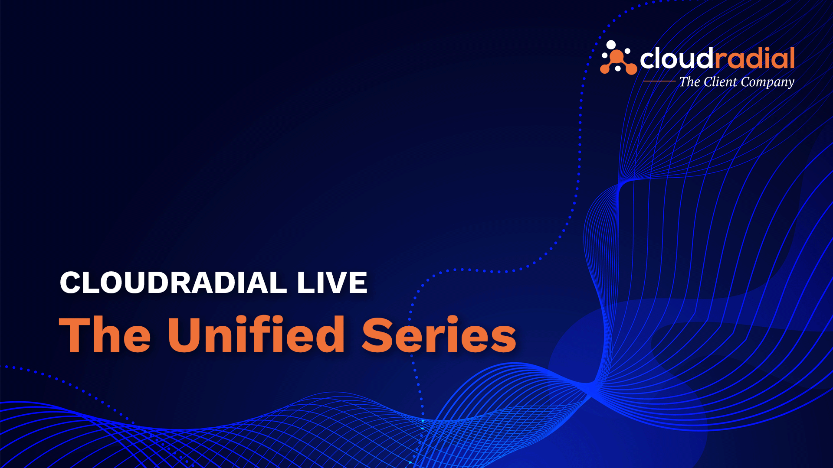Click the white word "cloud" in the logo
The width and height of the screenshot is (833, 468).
(676, 58)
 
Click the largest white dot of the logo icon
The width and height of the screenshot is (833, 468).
(611, 45)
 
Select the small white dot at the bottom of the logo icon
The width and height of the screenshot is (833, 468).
(618, 68)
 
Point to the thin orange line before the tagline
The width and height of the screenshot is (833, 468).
(659, 81)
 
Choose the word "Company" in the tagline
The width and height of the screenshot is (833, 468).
(767, 82)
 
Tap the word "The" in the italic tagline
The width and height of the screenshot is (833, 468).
(690, 81)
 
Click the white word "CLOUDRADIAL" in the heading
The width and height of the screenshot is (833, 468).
(173, 283)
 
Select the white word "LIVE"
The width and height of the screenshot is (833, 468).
(332, 283)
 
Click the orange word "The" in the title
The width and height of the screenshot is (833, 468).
(105, 334)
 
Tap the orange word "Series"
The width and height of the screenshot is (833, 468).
(439, 334)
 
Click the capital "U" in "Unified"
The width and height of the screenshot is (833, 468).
(185, 334)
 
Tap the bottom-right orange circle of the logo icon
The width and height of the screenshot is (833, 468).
(632, 69)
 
